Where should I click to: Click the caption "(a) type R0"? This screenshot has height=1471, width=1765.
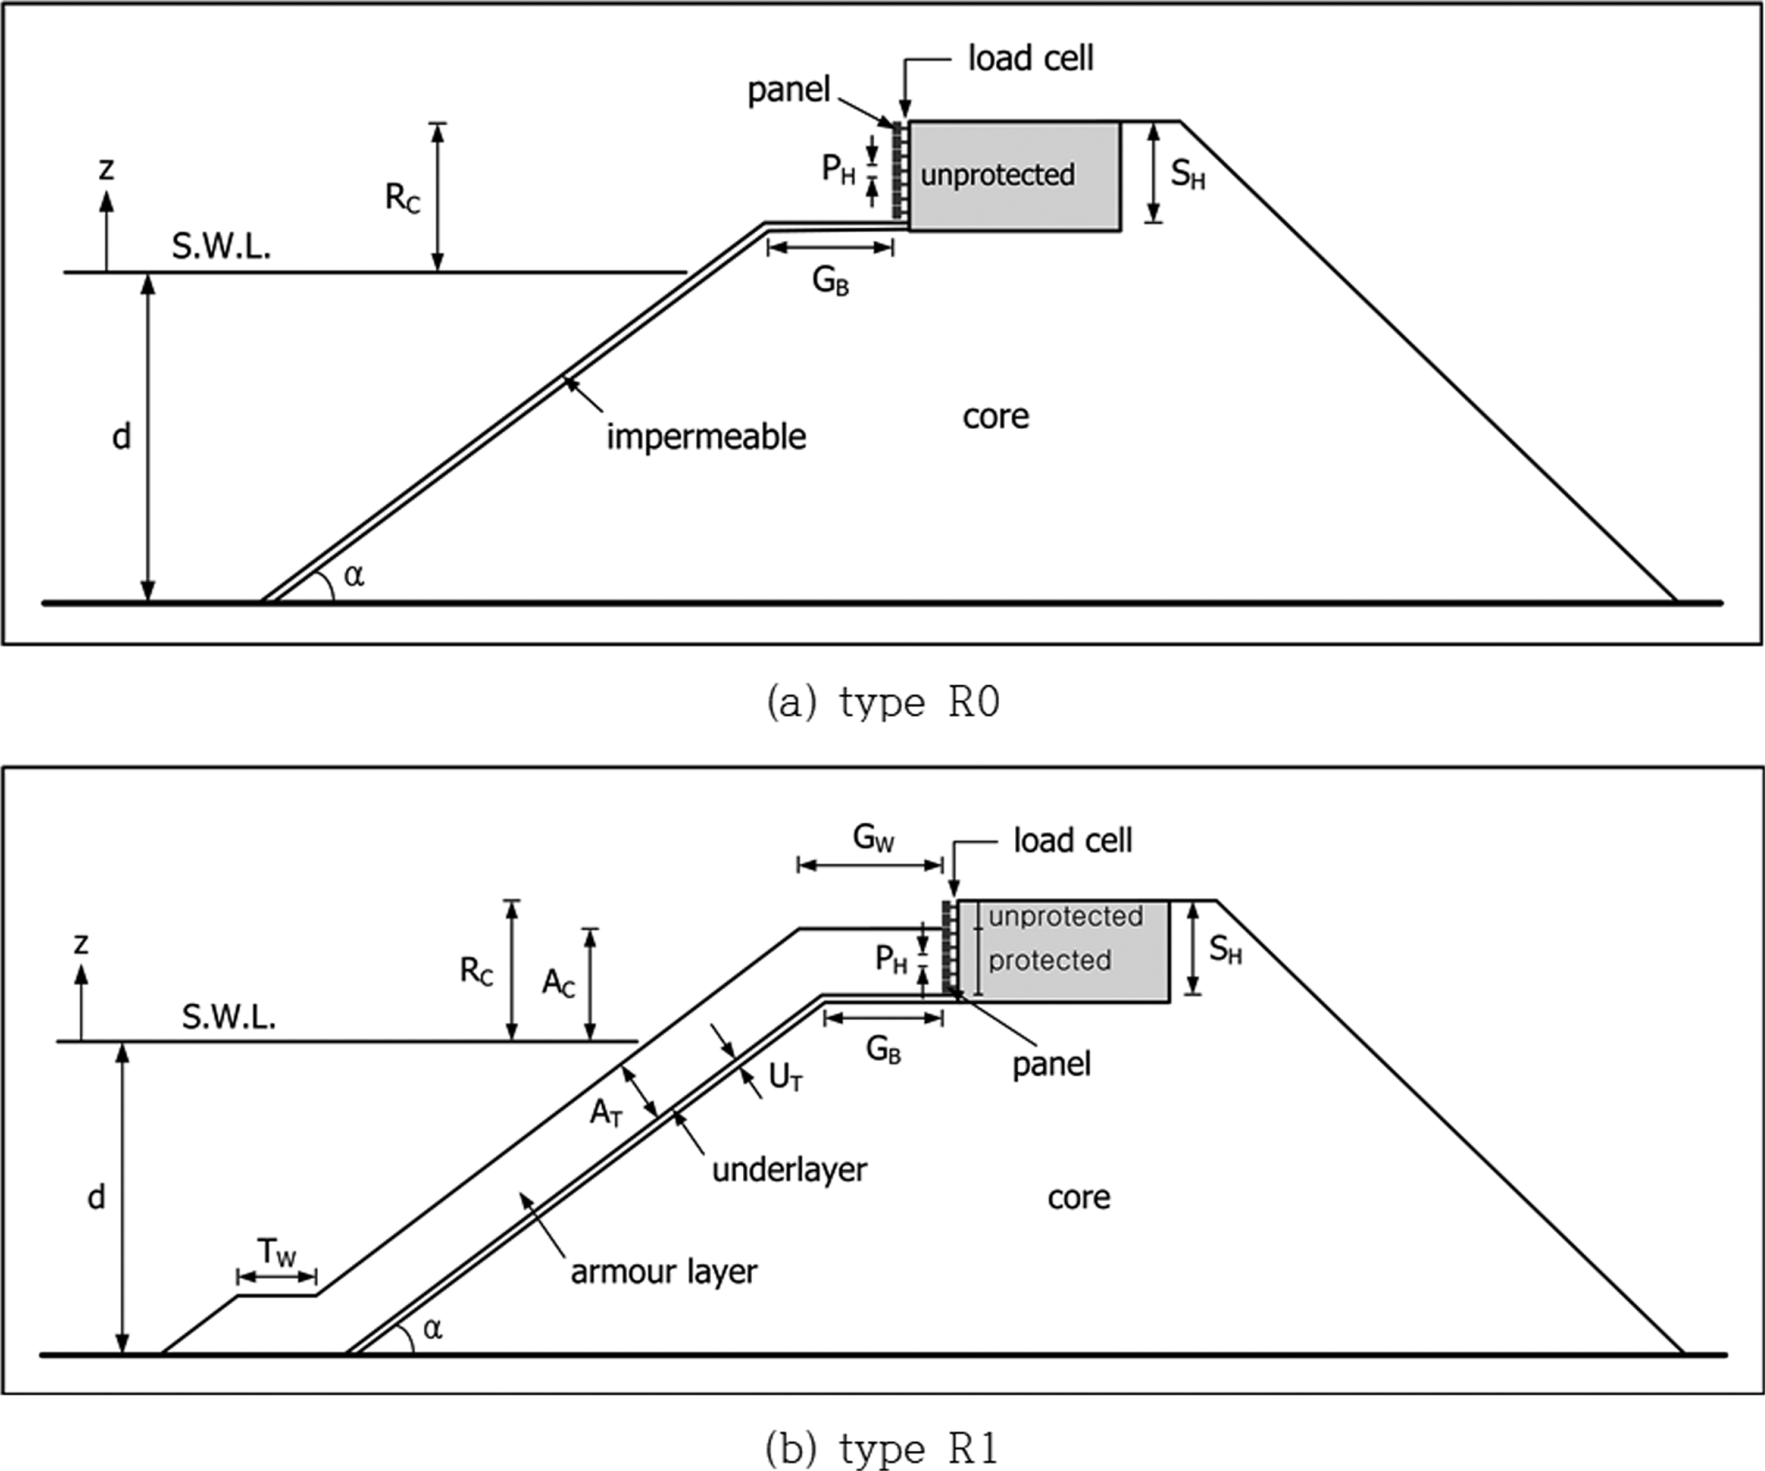882,702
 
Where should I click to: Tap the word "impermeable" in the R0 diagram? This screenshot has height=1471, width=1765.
706,437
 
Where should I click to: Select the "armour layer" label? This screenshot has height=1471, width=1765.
663,1272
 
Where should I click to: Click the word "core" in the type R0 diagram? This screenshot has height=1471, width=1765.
995,416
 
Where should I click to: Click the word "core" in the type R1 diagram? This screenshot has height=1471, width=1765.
1078,1197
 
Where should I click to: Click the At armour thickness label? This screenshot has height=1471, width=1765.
606,1112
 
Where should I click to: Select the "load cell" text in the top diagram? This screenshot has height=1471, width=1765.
1030,59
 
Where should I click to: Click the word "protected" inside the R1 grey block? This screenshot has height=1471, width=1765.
1049,960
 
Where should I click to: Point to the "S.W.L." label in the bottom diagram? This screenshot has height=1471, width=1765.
229,1017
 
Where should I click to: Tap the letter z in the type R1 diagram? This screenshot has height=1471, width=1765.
81,944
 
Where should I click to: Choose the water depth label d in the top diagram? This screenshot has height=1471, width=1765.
122,437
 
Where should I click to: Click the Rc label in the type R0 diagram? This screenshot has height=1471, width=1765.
403,198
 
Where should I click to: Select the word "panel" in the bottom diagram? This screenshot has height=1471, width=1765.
1051,1065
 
